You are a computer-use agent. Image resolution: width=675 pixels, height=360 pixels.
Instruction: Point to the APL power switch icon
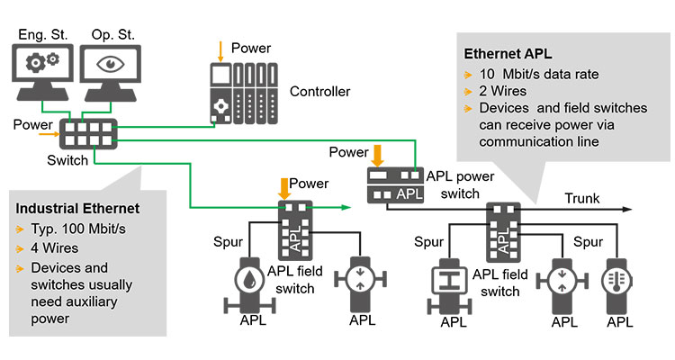click(395, 185)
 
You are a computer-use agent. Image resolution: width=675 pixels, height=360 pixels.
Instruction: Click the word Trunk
click(582, 197)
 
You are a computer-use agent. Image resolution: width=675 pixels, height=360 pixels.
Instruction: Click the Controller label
click(320, 92)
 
